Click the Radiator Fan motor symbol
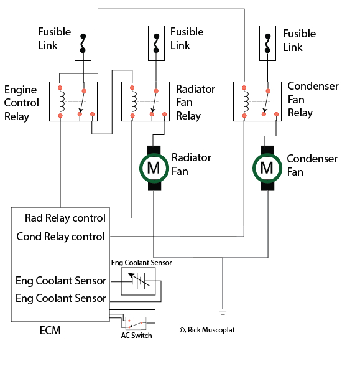point(153,167)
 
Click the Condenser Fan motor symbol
point(267,167)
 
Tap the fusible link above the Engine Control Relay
point(83,42)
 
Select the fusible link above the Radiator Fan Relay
point(156,42)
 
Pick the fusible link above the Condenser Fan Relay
point(267,42)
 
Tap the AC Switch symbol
point(136,323)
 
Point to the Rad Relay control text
point(65,218)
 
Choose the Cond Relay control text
point(60,237)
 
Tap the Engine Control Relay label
point(22,103)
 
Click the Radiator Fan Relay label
point(195,102)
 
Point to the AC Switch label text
point(136,336)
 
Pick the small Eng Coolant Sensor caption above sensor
point(141,263)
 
